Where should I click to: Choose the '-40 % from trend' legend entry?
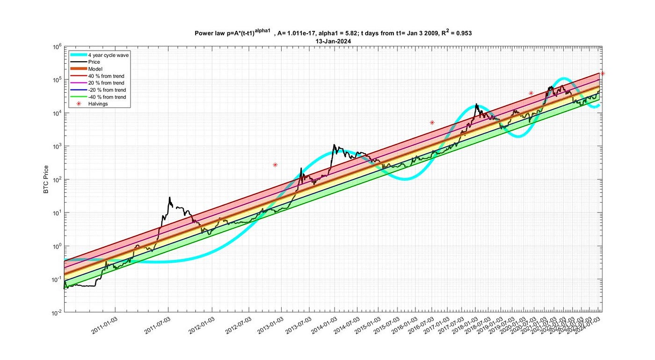108,97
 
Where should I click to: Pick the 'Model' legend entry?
95,69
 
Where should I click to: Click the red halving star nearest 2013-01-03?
276,165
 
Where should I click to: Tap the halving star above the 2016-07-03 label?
432,123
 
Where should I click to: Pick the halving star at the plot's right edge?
603,73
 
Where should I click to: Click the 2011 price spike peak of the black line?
169,198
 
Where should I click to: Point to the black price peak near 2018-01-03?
476,104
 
